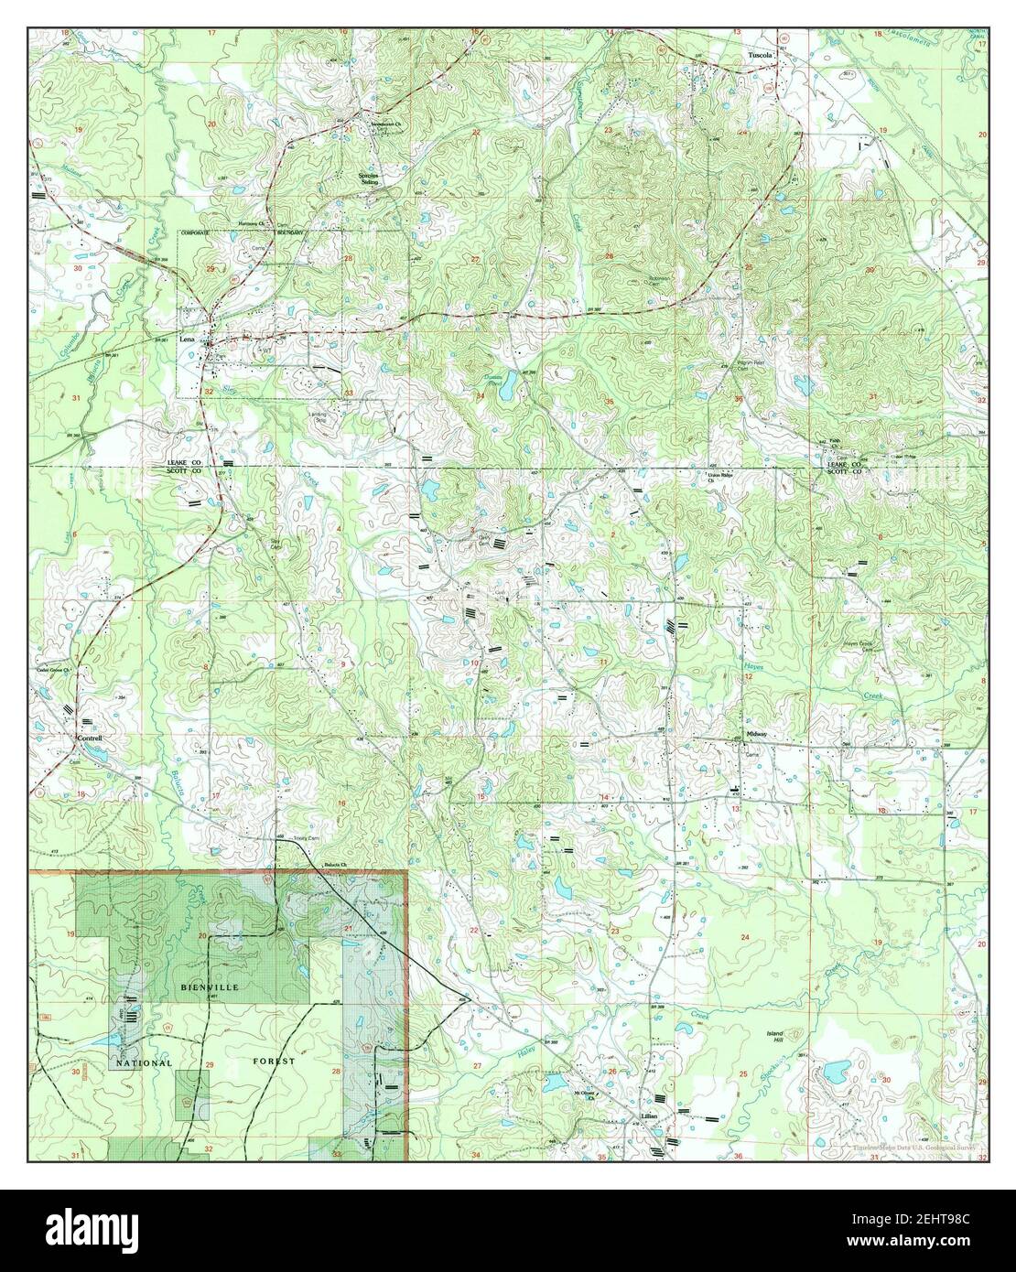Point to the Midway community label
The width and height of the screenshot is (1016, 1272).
point(755,735)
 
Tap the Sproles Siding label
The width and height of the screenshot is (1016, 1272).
point(367,178)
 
